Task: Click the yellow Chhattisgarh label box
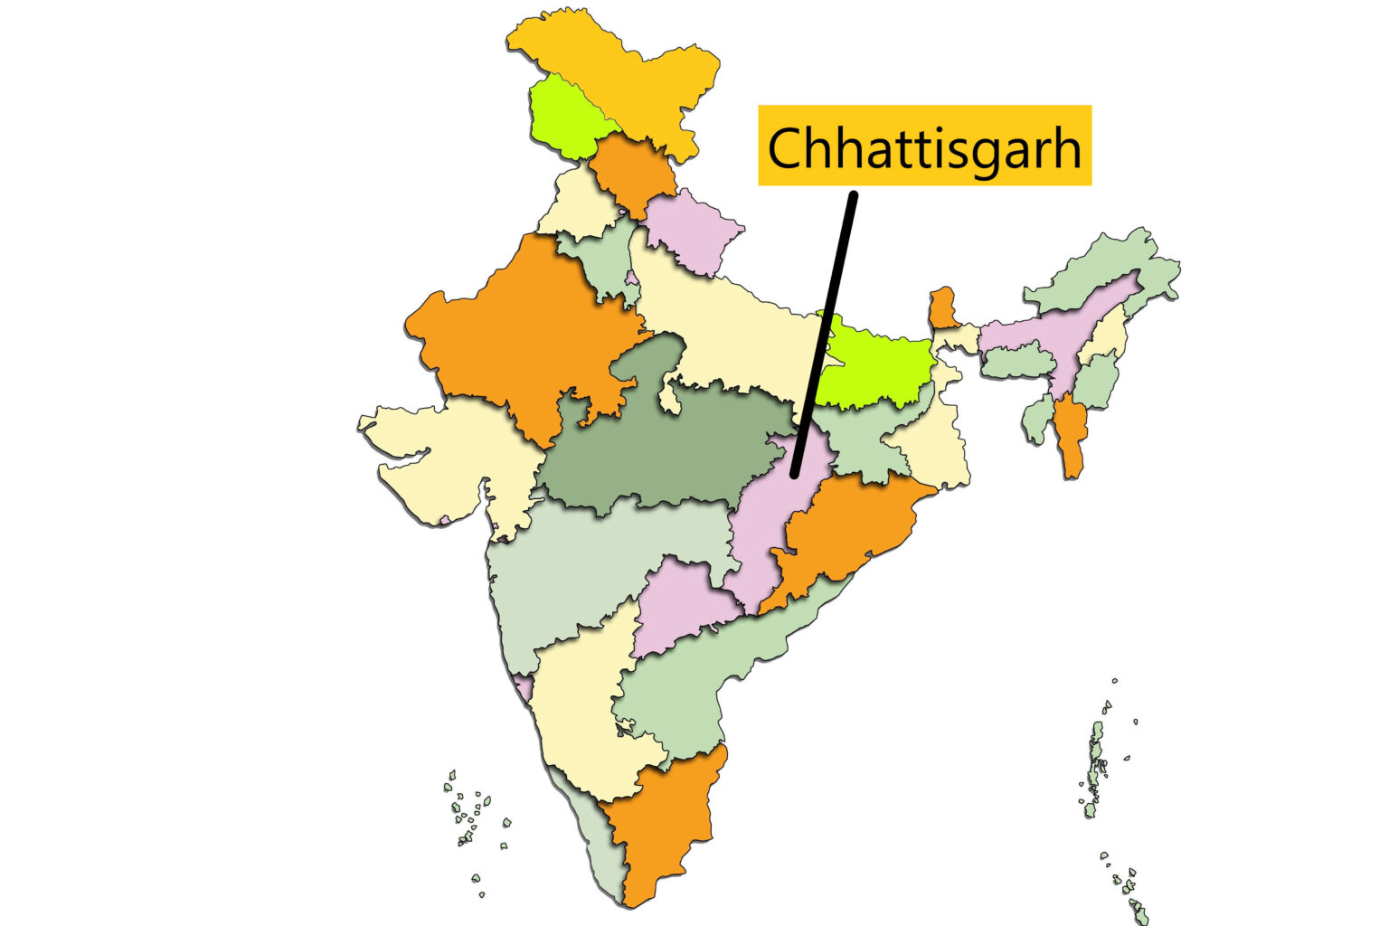[x=924, y=145]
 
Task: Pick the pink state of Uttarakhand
[x=692, y=231]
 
